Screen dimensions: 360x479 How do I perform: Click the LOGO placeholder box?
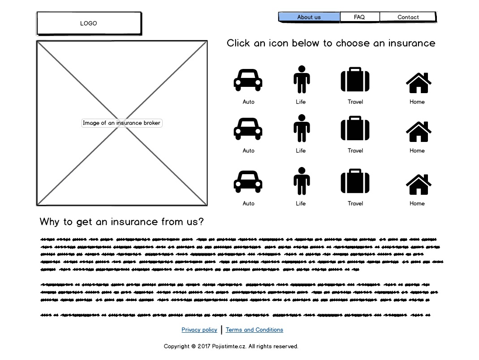click(89, 23)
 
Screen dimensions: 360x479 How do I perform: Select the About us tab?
click(309, 17)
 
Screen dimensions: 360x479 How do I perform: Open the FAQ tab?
click(359, 17)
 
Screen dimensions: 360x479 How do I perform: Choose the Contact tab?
click(408, 17)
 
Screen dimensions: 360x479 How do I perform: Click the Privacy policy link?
click(199, 330)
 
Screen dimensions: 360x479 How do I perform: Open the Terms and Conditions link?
click(255, 330)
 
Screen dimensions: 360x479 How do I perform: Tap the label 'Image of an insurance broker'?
click(121, 123)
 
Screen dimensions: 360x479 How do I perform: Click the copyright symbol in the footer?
click(193, 347)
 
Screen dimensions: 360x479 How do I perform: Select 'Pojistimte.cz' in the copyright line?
click(229, 347)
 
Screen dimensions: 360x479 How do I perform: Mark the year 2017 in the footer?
click(204, 347)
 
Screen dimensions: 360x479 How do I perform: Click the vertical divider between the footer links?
click(222, 330)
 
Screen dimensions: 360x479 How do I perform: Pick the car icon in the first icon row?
click(248, 80)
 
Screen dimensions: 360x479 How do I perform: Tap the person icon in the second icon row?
click(302, 129)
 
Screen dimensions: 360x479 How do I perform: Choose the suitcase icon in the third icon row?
click(355, 181)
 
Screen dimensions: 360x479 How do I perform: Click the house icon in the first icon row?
click(419, 82)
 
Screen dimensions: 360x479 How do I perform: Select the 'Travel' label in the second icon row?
click(355, 151)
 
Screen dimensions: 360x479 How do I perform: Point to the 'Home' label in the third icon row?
click(417, 204)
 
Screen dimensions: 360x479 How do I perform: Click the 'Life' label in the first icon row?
click(301, 102)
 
